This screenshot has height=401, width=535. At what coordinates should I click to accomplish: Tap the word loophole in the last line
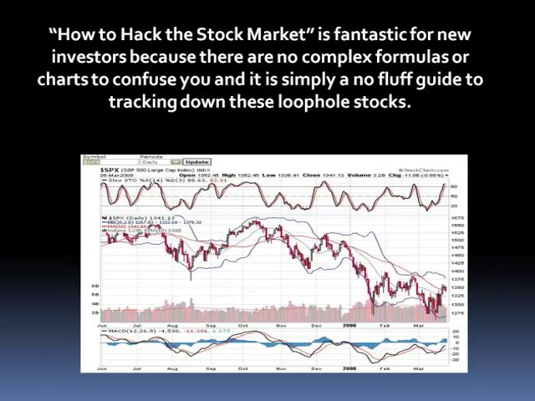click(313, 102)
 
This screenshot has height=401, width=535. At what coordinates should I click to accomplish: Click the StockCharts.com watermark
click(443, 170)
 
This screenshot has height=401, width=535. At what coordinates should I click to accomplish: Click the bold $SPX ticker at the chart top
click(110, 170)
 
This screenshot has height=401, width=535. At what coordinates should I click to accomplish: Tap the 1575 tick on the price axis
click(456, 219)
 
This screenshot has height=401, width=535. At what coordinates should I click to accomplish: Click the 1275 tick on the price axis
click(456, 313)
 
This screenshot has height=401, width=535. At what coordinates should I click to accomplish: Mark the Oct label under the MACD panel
click(242, 367)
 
